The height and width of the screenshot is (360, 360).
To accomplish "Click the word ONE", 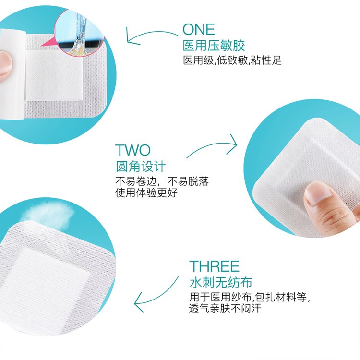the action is (x=199, y=29).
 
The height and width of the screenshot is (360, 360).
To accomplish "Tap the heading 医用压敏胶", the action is (x=214, y=46).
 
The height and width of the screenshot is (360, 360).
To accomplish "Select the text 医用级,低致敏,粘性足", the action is (x=232, y=60).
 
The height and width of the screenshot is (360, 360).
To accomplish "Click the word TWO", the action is (x=132, y=150).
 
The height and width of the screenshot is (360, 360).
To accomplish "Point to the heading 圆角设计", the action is (x=141, y=167).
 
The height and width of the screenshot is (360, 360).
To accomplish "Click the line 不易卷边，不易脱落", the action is (x=162, y=181).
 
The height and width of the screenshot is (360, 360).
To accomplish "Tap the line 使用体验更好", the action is (x=146, y=192).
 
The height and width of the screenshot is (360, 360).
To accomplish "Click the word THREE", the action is (x=214, y=266).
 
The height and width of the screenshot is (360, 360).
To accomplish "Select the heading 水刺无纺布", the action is (x=221, y=282).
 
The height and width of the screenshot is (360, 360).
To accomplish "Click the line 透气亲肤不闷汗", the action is (x=225, y=308).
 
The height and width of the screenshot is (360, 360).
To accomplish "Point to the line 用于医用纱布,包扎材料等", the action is (x=249, y=297).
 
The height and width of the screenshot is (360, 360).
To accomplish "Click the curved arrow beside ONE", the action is (x=152, y=35).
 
